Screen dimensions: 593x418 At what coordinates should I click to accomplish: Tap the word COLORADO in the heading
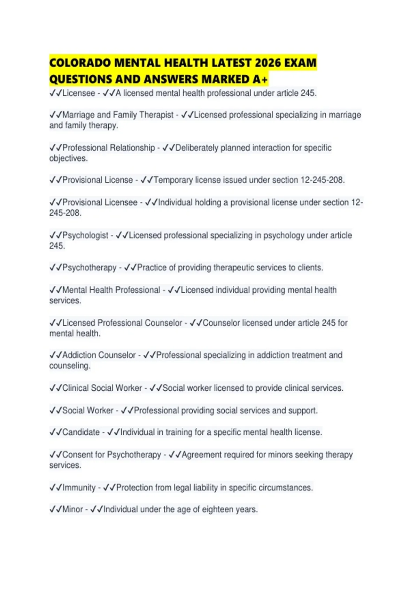coord(80,63)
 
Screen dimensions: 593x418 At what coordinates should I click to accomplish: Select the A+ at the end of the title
coord(261,80)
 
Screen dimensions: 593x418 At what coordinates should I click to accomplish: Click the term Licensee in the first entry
coord(78,93)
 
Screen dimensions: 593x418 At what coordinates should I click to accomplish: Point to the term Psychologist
coord(85,235)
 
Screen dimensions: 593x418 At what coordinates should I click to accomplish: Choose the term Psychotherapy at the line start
coord(89,268)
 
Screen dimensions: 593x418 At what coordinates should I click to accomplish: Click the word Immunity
coord(79,487)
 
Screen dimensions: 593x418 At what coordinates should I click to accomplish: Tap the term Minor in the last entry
coord(72,509)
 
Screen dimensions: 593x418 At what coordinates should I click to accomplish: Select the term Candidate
coord(81,432)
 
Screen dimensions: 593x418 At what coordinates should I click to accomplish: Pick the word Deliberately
coord(197,148)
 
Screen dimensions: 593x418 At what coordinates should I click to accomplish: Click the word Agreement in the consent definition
coord(202,455)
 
